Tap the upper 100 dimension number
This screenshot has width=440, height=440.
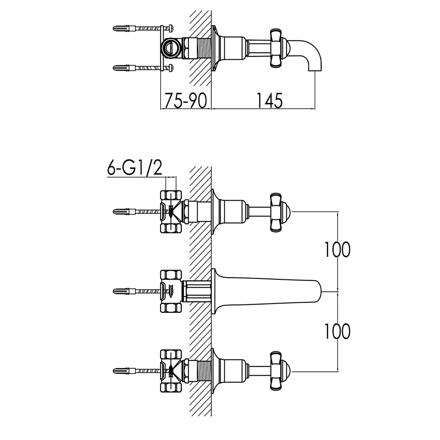pos(337,249)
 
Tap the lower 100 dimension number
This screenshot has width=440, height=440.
pos(337,331)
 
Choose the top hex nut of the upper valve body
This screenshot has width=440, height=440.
pos(171,195)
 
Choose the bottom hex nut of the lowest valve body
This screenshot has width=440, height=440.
pos(171,388)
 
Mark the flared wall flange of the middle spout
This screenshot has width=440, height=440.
pos(214,291)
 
